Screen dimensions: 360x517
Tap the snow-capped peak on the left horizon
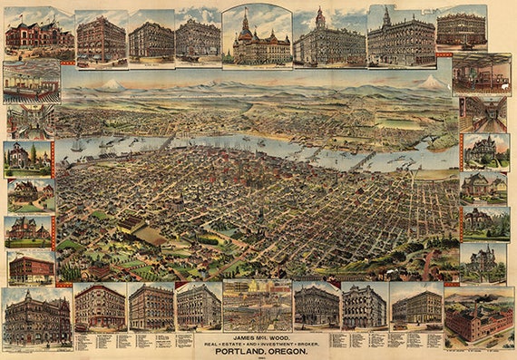(112, 84)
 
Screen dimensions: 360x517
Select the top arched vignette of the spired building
(257, 36)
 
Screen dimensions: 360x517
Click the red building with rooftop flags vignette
(37, 34)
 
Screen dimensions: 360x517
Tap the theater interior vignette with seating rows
(31, 83)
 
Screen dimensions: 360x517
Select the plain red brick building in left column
(30, 268)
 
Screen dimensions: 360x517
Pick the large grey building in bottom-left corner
(36, 318)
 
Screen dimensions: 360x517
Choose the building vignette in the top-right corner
(461, 27)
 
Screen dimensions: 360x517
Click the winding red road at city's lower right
(426, 264)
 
